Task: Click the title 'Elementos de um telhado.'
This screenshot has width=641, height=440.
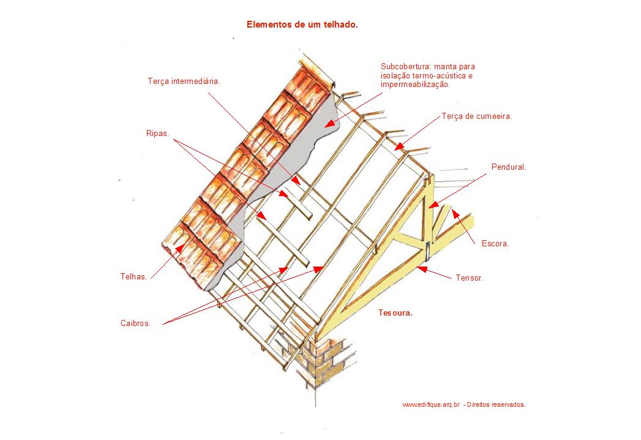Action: point(302,25)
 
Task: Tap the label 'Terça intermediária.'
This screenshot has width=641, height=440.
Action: point(184,81)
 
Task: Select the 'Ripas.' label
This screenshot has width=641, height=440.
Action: point(157,134)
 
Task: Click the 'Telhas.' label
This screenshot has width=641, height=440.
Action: point(133,277)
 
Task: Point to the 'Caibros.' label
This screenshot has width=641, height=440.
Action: point(136,324)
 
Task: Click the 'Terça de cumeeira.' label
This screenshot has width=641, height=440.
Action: point(477,116)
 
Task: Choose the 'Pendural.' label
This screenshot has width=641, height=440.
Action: point(509,167)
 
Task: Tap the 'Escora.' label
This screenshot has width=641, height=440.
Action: point(495,243)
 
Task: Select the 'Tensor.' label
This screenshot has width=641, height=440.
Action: point(470,278)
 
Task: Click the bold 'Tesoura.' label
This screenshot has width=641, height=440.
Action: point(395,313)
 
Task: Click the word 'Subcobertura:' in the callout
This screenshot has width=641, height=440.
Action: point(407,66)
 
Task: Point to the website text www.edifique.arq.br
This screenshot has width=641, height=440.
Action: point(431,405)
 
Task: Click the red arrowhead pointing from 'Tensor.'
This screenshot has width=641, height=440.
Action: point(422,269)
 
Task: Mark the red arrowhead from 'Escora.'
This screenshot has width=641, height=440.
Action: point(455,214)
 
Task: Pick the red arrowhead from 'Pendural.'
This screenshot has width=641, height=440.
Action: point(433,204)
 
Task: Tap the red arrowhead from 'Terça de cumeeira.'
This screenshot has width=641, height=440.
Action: point(399,146)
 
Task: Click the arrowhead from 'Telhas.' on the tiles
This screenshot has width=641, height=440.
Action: point(179,248)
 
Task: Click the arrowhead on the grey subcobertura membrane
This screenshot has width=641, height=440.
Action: point(331,123)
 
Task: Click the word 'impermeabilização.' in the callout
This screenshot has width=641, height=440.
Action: point(415,85)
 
